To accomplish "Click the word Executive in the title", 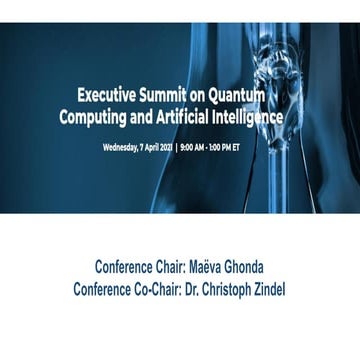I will coord(111,95).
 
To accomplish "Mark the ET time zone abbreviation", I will coord(237,147).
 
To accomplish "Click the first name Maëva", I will coord(205,268).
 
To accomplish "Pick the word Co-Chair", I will coord(147,289).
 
